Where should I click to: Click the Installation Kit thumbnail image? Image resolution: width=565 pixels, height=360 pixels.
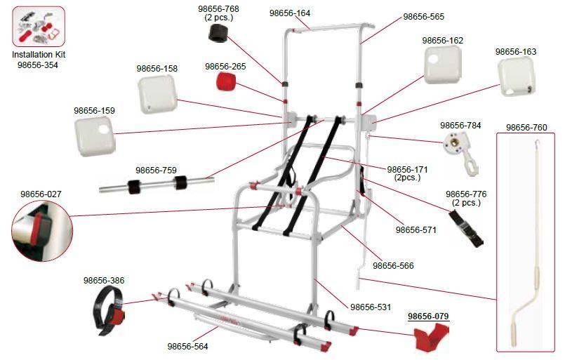[x=39, y=26]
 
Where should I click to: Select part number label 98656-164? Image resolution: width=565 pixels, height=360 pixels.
[x=290, y=13]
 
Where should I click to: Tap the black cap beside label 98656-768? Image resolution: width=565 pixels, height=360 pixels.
[x=218, y=33]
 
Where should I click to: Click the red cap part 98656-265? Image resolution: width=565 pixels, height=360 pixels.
[x=226, y=81]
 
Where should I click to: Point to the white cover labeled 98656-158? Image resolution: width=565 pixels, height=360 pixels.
[x=157, y=95]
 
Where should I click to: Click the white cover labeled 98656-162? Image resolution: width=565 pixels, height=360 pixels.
[x=442, y=65]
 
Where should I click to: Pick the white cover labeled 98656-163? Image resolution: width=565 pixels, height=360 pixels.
[x=517, y=76]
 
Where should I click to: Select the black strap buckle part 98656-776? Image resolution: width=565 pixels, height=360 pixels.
[x=466, y=229]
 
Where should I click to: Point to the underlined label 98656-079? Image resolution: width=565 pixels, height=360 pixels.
[x=428, y=316]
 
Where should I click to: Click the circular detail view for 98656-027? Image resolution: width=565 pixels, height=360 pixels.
[x=42, y=231]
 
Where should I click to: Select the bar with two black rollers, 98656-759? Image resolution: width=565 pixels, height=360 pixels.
[x=157, y=184]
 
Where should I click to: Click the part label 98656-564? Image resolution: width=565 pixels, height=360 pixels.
[x=187, y=346]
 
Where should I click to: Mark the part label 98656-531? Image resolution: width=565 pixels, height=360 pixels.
[x=371, y=307]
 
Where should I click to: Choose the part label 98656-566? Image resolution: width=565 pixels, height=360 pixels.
[x=393, y=265]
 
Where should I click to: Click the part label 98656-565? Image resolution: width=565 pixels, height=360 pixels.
[x=423, y=17]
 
